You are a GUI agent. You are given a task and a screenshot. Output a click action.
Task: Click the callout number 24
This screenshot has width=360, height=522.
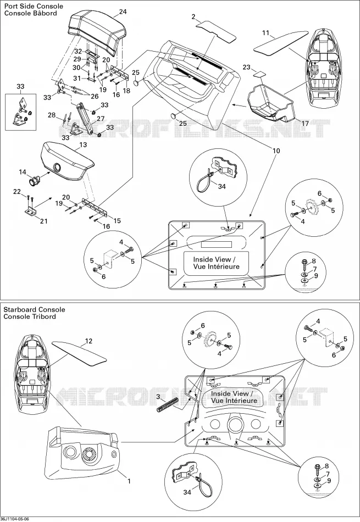coord(123,12)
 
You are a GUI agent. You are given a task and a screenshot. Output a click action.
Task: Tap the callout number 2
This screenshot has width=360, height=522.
coord(193,16)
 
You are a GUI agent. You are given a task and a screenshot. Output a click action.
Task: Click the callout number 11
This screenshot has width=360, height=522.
coord(265,33)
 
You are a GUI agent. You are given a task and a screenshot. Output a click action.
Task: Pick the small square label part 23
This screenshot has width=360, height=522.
coord(260,74)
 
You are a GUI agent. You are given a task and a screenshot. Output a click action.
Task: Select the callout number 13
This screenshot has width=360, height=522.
coord(83,145)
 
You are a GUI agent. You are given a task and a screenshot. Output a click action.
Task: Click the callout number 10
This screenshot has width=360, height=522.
coord(276,151)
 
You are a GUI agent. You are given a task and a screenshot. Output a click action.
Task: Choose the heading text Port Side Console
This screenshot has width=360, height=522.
coord(34,6)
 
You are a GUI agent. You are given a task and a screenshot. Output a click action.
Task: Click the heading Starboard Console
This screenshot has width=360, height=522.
coord(34,309)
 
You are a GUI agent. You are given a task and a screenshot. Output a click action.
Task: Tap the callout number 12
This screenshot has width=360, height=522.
coord(88,341)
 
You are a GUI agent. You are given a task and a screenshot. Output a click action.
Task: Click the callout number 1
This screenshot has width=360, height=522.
coord(129,481)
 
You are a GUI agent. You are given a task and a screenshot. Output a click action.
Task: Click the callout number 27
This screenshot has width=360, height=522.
coord(100,119)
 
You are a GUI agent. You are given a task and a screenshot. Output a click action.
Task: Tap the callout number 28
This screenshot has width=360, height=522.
coord(52,115)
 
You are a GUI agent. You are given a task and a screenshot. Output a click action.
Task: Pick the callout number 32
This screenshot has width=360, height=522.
coord(78,51)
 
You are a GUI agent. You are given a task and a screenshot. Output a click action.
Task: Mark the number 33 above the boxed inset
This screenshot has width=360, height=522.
coord(20,87)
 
